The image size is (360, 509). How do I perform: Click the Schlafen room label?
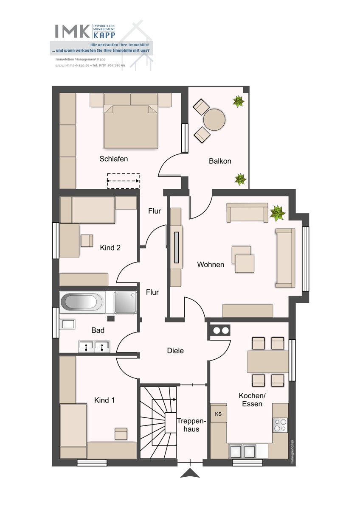pyautogui.click(x=113, y=159)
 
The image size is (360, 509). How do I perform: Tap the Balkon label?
pyautogui.click(x=220, y=161)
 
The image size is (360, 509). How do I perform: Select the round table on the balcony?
pyautogui.click(x=214, y=120)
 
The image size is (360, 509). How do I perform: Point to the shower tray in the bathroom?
pyautogui.click(x=125, y=302)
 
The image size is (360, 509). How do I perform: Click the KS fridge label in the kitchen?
pyautogui.click(x=218, y=414)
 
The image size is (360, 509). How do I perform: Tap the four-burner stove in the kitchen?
pyautogui.click(x=280, y=425)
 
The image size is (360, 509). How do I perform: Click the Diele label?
pyautogui.click(x=175, y=351)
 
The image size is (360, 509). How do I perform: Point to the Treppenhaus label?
pyautogui.click(x=191, y=425)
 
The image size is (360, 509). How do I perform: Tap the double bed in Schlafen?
pyautogui.click(x=130, y=127)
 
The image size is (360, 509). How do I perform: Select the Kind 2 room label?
pyautogui.click(x=110, y=248)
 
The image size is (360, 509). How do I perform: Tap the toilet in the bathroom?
pyautogui.click(x=67, y=324)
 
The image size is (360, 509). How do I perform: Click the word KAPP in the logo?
pyautogui.click(x=104, y=35)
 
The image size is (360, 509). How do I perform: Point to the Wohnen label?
pyautogui.click(x=211, y=265)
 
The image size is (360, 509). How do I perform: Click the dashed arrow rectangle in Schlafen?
pyautogui.click(x=124, y=181)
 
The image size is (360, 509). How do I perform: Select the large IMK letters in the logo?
pyautogui.click(x=73, y=31)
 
